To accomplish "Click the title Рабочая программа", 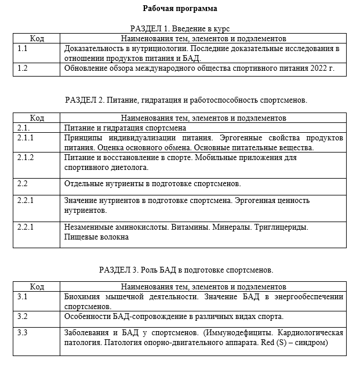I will [x=180, y=9].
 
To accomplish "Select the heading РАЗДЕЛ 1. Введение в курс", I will [x=180, y=28].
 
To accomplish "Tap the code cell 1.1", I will [x=23, y=49].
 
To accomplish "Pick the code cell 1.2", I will [x=23, y=68].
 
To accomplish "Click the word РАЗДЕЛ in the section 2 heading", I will [x=81, y=100].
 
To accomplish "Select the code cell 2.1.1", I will [x=26, y=138].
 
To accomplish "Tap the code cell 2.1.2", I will [x=26, y=158].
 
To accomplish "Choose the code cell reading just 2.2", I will [x=23, y=183].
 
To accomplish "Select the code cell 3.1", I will [x=23, y=296].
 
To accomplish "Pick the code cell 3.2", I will [x=23, y=316].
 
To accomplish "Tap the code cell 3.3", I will [x=23, y=332].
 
